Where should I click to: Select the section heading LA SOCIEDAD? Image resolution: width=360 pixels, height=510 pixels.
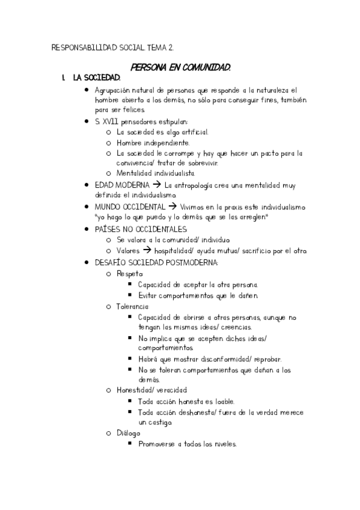pos(96,78)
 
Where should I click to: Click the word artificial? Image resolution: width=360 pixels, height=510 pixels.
pos(191,132)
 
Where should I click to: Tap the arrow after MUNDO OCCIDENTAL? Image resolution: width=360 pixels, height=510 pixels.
pos(180,206)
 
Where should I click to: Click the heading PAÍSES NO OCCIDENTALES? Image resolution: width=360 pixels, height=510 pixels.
pos(141,229)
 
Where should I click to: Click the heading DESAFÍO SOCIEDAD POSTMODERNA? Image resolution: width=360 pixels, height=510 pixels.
pos(156,262)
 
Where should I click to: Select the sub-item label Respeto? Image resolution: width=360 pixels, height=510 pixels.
pos(130,273)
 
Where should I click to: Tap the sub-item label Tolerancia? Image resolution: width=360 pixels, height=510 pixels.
pos(133,306)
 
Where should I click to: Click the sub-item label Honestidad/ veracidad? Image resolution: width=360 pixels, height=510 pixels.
pos(152,390)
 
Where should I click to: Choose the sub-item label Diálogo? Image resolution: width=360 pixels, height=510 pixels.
pos(128,433)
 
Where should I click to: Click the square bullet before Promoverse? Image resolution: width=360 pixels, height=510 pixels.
pos(131,444)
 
